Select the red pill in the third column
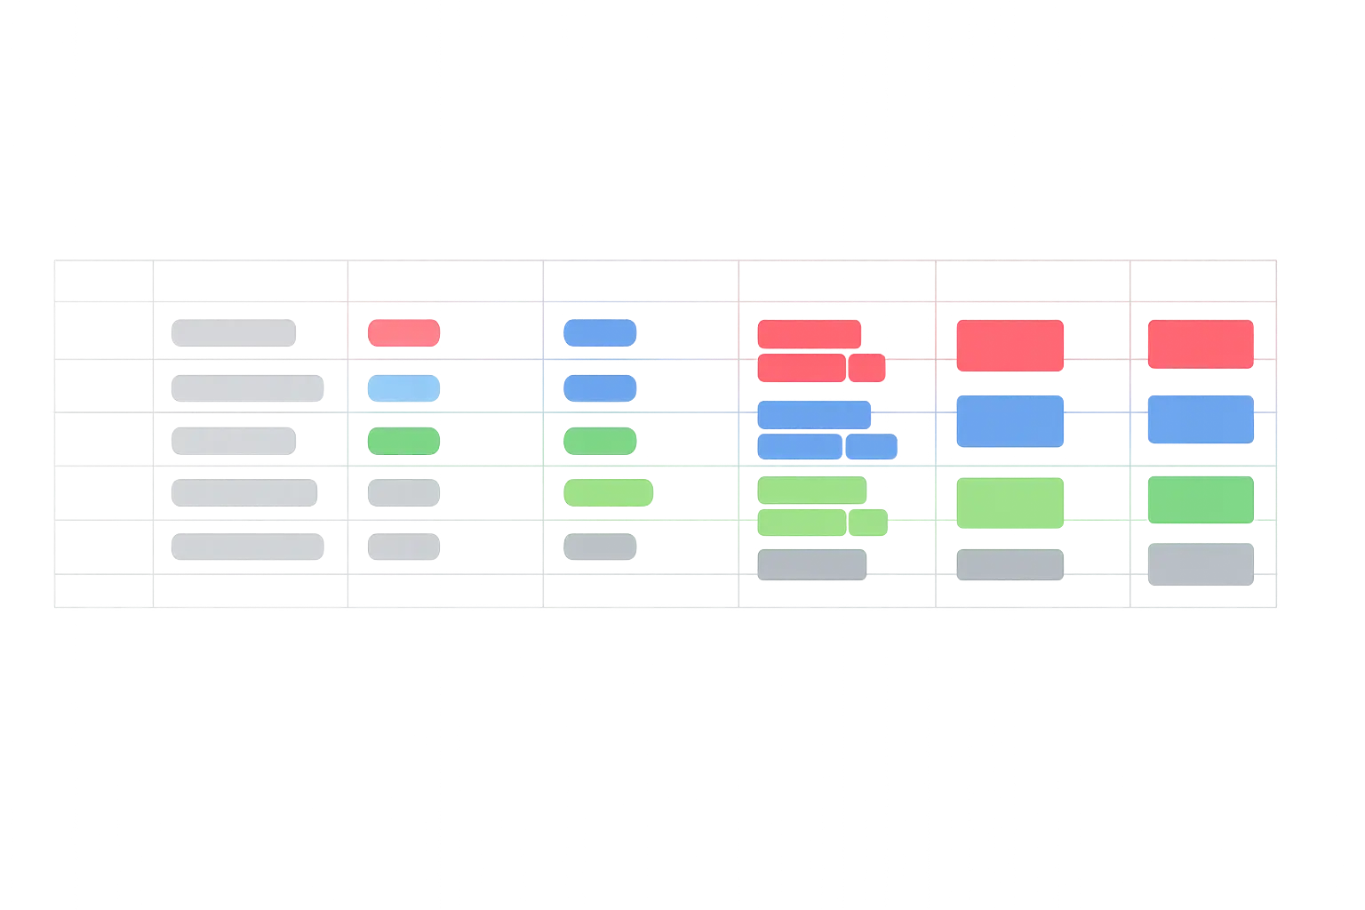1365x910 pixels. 403,332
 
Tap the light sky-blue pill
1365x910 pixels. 403,387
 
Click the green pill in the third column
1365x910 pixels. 403,441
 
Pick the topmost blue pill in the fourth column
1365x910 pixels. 600,332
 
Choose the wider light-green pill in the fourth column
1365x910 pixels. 608,492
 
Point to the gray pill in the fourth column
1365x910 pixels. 600,547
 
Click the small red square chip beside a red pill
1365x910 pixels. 866,367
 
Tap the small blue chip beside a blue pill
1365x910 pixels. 870,446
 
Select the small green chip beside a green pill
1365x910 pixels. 867,523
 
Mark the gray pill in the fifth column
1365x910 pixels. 811,564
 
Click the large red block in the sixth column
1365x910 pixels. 1010,346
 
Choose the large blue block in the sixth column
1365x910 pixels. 1010,420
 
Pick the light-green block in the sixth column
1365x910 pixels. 1010,503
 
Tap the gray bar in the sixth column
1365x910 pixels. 1010,564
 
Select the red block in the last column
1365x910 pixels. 1200,344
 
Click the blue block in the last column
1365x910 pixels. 1200,419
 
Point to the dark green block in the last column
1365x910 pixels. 1200,499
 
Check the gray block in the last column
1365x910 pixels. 1200,564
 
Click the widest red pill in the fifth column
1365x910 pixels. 809,334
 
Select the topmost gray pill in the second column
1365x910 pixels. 234,333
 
